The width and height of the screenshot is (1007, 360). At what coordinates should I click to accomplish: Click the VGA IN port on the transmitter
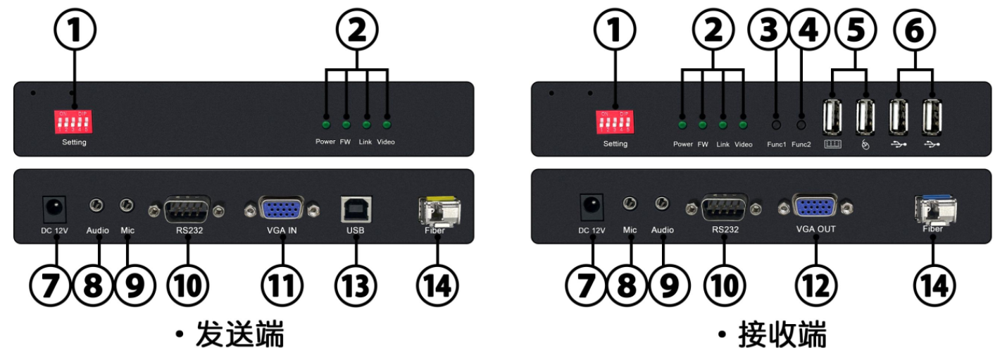[282, 209]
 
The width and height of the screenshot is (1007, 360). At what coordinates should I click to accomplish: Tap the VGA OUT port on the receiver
[815, 207]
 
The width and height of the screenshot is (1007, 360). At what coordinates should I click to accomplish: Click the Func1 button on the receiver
[777, 125]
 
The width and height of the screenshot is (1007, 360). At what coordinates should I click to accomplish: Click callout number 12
[816, 285]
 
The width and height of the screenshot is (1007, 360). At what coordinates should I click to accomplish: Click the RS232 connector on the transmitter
[187, 209]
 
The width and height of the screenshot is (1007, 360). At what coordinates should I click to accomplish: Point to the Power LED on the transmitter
[326, 125]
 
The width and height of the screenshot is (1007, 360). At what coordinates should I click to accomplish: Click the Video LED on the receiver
[743, 125]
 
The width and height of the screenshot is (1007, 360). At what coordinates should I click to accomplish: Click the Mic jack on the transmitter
[127, 206]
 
